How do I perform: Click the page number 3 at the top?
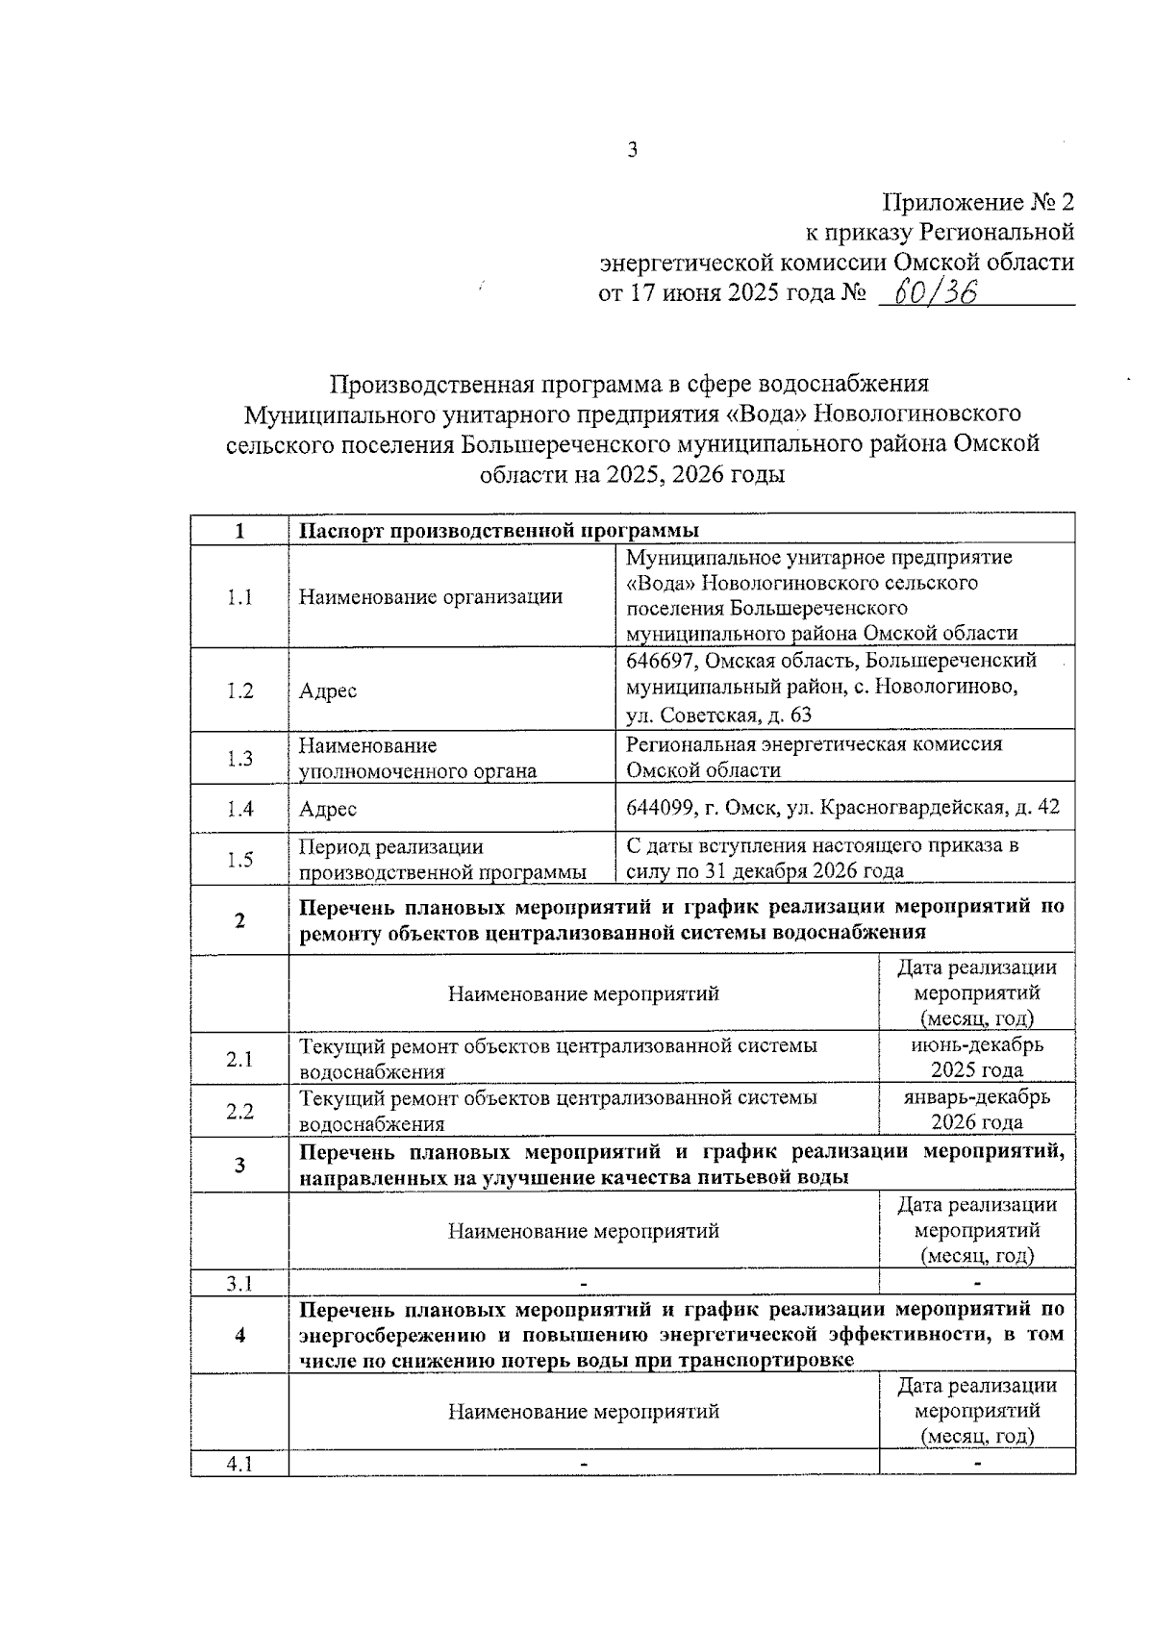point(632,150)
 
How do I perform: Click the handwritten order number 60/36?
point(935,292)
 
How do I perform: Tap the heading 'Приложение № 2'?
point(978,203)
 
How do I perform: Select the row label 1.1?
point(239,597)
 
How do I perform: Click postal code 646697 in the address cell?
point(660,662)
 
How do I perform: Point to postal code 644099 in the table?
point(660,808)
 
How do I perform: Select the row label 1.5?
point(239,860)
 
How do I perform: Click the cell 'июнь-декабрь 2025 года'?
point(976,1057)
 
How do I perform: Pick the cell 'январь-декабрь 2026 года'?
point(976,1110)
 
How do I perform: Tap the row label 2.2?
point(239,1112)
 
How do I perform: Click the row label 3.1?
point(239,1283)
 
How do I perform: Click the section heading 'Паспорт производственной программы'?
point(498,531)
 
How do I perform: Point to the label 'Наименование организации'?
point(430,597)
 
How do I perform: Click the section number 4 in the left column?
point(239,1335)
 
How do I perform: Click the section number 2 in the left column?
point(239,920)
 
